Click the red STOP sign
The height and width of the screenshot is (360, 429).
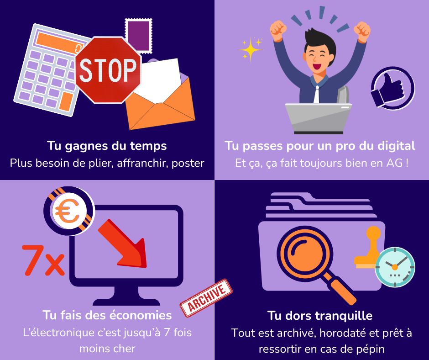pos(108,70)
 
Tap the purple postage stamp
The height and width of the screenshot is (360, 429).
pos(138,36)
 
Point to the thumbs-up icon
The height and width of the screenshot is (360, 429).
pos(393,88)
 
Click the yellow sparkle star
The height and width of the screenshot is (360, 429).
pos(251,49)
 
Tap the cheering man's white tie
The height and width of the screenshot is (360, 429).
pos(317,94)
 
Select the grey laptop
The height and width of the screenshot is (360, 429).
pos(319,118)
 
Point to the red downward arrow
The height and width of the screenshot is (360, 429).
pos(123,244)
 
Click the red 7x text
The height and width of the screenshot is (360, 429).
pos(43,260)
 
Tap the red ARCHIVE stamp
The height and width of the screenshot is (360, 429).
pos(206,298)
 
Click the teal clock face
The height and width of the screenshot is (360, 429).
pos(395,267)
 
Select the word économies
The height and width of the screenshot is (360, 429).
pos(141,315)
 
